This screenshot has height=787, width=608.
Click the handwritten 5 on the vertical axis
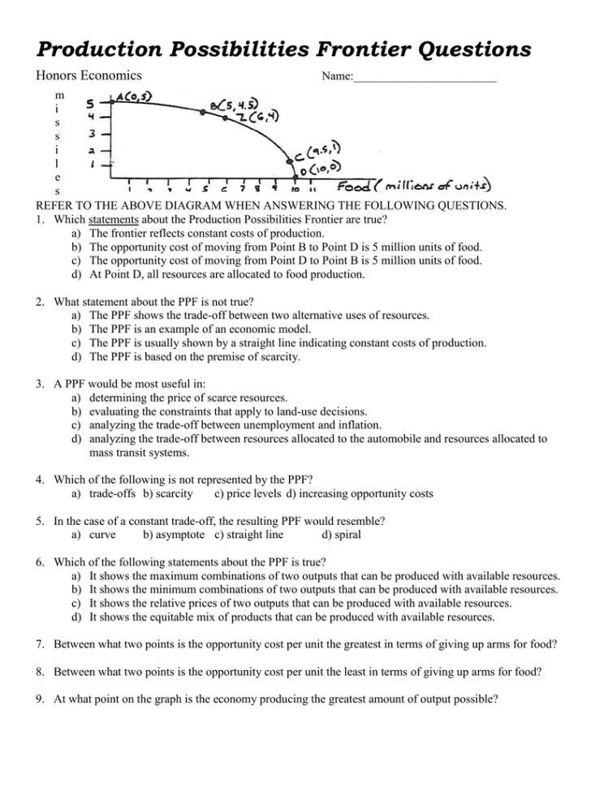[93, 104]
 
